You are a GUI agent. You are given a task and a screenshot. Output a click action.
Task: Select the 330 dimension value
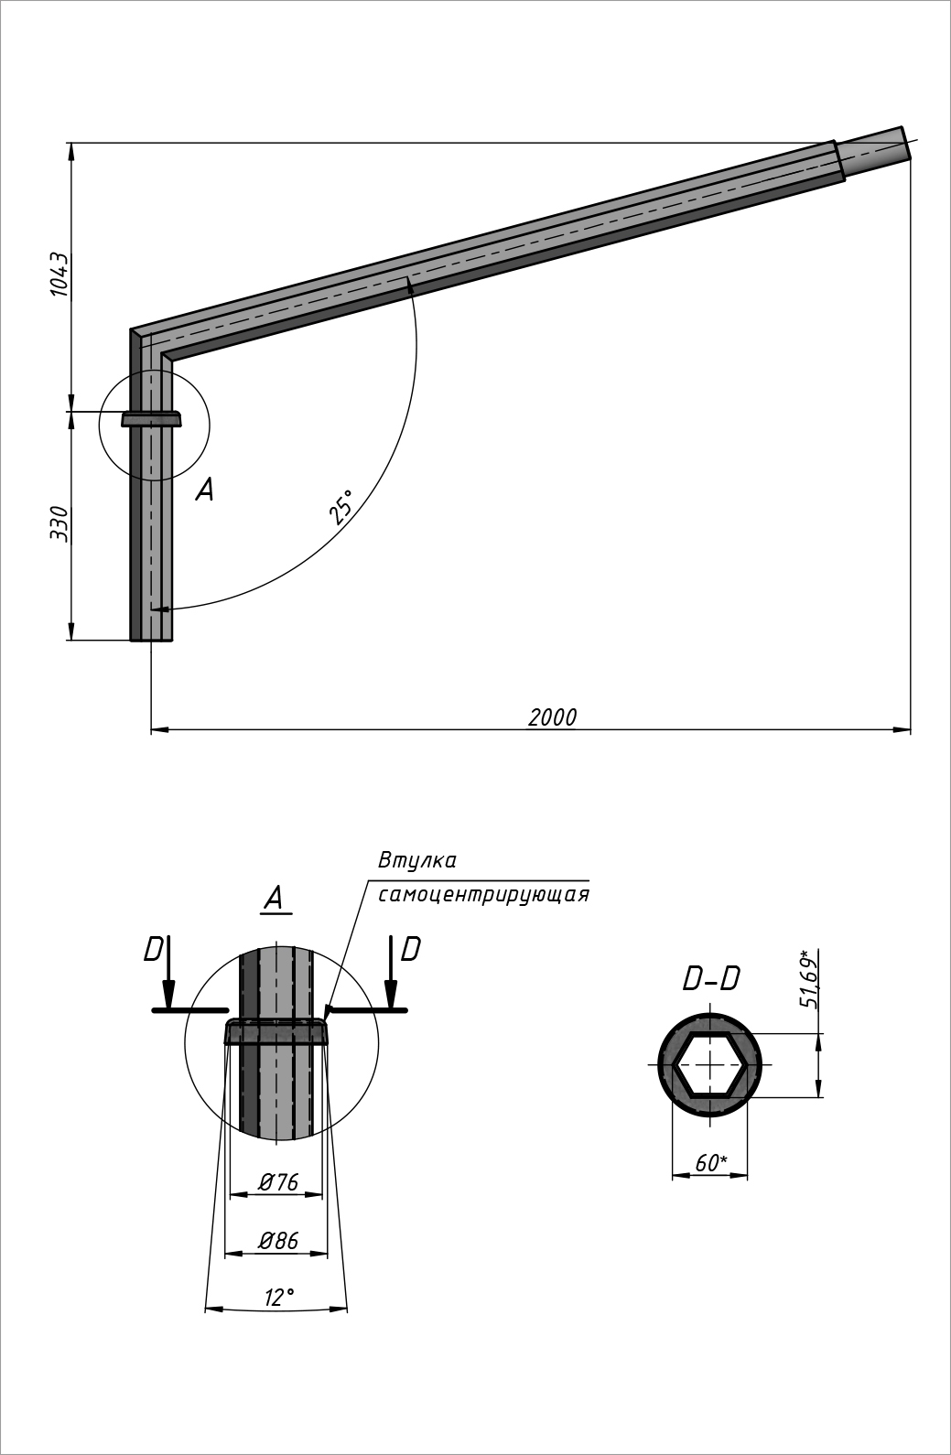(59, 523)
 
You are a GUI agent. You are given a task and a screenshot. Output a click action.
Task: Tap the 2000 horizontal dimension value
(552, 717)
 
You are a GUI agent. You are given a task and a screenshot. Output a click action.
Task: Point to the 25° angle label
(341, 506)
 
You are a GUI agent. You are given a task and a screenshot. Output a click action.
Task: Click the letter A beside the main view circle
(205, 490)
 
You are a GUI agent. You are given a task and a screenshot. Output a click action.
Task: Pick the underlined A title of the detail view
(274, 899)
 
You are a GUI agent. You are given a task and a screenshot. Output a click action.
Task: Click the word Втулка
(416, 861)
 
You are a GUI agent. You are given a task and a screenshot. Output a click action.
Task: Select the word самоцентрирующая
(482, 894)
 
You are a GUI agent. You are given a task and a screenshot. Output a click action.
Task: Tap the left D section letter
(153, 951)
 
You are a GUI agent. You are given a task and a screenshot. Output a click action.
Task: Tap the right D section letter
(410, 950)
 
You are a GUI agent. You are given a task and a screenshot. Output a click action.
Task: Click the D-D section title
(711, 979)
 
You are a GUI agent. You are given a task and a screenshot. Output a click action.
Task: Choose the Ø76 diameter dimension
(277, 1182)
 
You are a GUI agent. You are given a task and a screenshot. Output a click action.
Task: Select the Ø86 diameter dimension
(277, 1241)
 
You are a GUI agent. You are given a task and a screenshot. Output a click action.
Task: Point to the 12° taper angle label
(279, 1297)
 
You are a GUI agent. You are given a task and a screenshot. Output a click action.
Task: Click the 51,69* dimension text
(808, 979)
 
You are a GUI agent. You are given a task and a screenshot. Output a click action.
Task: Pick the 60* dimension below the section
(711, 1163)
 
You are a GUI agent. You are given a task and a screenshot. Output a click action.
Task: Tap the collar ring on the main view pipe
(151, 419)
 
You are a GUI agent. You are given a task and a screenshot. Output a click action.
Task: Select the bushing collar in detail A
(276, 1031)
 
